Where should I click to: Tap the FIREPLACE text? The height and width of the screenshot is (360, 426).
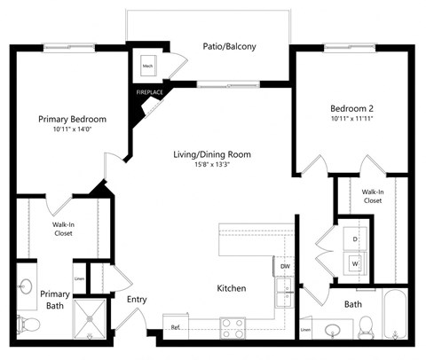point(147,92)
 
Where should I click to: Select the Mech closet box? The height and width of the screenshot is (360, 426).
point(146,65)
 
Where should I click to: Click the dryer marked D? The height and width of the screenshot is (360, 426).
point(355,239)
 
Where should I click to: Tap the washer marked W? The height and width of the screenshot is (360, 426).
point(355,263)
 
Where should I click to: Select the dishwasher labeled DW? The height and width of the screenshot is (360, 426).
point(284,266)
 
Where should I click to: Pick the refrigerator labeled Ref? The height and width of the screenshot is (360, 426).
point(177,328)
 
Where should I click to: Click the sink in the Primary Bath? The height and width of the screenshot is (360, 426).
point(25,287)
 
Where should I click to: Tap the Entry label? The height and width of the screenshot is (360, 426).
point(137,299)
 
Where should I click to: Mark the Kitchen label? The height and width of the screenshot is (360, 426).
point(231,289)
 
